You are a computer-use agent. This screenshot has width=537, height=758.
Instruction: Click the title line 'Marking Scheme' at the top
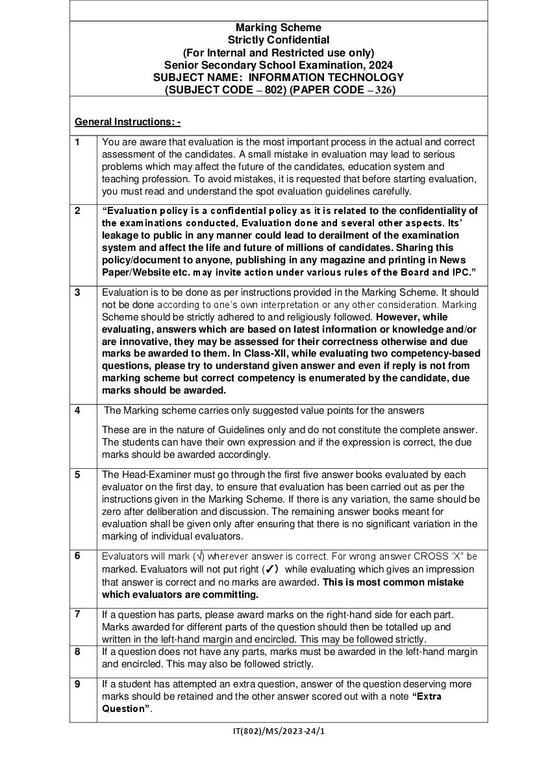tap(278, 27)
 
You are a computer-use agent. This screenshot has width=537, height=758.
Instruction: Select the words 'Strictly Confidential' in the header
tap(278, 40)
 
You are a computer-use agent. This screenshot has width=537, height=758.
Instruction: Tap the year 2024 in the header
tap(380, 65)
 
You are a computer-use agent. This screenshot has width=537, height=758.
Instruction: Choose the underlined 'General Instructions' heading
tap(127, 122)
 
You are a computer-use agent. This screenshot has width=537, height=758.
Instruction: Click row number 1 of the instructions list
tap(77, 142)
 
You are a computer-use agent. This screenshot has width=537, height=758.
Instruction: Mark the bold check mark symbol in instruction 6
tap(271, 569)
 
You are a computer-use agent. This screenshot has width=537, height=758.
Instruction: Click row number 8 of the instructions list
tap(77, 652)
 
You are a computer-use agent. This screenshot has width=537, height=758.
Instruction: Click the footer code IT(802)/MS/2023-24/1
tap(279, 731)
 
